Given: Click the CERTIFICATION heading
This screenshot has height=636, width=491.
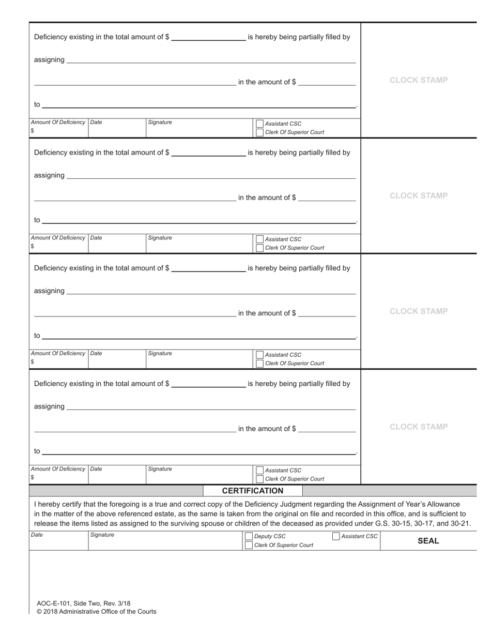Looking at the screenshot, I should click(x=252, y=491).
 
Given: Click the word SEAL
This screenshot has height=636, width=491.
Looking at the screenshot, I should click(x=428, y=541).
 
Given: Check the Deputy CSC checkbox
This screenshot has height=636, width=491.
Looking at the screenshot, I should click(x=249, y=537).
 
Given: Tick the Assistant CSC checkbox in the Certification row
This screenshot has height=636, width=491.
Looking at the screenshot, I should click(x=336, y=537).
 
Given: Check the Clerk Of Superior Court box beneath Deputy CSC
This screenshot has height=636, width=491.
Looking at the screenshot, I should click(x=249, y=545).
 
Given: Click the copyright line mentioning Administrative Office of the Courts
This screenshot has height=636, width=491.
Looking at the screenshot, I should click(x=96, y=611).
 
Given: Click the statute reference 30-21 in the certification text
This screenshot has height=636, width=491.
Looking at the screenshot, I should click(x=460, y=523).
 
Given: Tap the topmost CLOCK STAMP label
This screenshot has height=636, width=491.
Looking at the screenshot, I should click(x=419, y=80).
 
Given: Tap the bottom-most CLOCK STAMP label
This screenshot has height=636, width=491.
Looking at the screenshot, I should click(x=419, y=427).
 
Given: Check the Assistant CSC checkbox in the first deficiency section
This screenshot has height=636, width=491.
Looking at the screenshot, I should click(x=260, y=124).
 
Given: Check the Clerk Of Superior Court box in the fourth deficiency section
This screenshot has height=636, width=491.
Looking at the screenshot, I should click(x=260, y=479).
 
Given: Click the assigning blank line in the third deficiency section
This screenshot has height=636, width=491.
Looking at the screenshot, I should click(x=211, y=291).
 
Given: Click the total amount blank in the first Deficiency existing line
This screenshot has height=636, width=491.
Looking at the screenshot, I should click(x=208, y=37).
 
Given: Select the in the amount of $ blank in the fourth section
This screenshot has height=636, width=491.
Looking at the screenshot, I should click(x=327, y=428).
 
